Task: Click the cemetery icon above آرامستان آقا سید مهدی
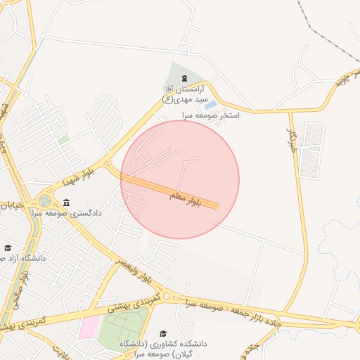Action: tap(184, 78)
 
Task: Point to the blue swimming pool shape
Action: tap(210, 105)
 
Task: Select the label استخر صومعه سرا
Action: tap(211, 115)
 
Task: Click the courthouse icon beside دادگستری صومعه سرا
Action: tap(66, 203)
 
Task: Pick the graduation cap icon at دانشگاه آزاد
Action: tap(8, 247)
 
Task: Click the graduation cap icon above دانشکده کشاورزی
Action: tap(163, 333)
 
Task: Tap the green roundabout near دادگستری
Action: tap(45, 200)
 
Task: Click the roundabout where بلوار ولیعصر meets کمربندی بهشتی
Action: tap(167, 298)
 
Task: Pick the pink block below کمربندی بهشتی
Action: tap(89, 328)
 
